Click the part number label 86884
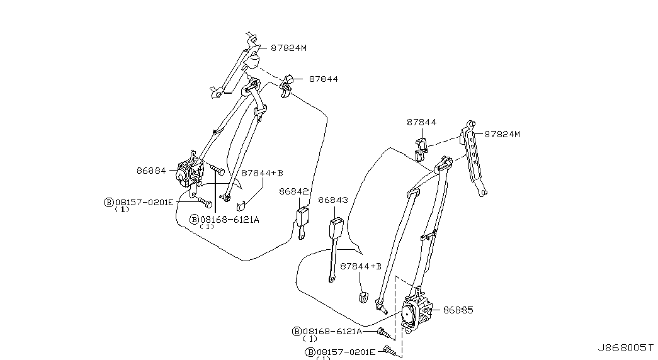(x=151, y=171)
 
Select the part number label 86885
(x=458, y=310)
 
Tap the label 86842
(x=294, y=191)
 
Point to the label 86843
(x=333, y=200)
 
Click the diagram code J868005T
(x=626, y=348)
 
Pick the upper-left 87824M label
(x=289, y=48)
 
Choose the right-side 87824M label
(x=502, y=134)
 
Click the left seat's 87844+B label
(x=263, y=173)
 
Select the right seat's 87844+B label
(x=361, y=266)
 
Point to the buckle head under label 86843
(x=336, y=227)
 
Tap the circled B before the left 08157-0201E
(x=109, y=202)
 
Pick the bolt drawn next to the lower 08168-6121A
(x=385, y=334)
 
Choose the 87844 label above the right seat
(x=421, y=123)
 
